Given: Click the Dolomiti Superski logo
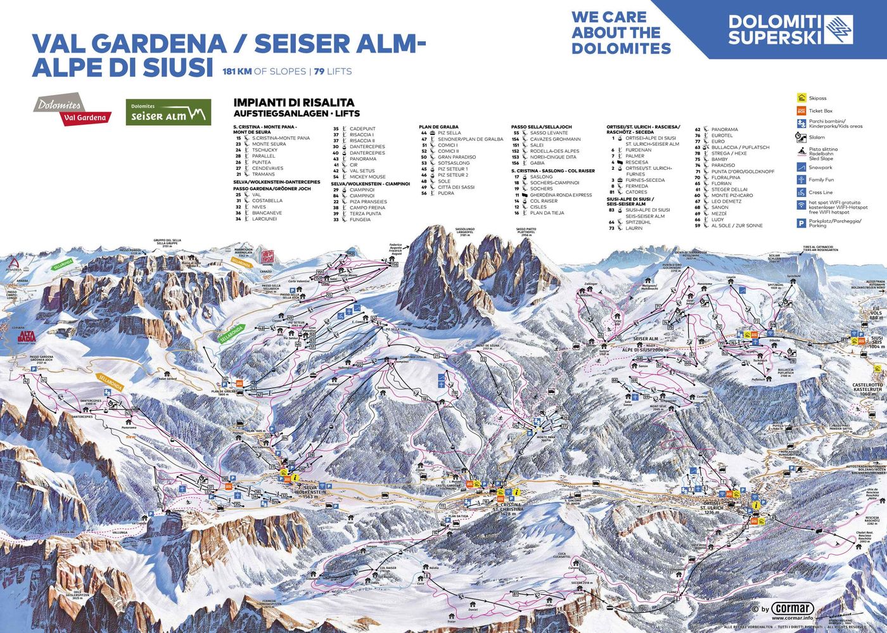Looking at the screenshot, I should tap(790, 29).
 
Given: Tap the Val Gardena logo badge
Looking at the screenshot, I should tap(72, 111).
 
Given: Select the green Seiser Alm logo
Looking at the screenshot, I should tap(168, 112).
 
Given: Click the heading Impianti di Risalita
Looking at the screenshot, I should tap(294, 103).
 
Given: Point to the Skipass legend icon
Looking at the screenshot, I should tap(801, 98).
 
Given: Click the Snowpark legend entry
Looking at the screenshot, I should tap(820, 168).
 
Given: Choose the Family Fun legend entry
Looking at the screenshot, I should tap(821, 180).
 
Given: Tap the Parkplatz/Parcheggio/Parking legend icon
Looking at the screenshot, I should tap(801, 223).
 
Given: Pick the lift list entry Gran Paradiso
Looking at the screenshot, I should tap(456, 157).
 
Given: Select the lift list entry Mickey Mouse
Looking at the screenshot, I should tap(367, 177).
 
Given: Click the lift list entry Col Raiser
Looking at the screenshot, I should tap(544, 201).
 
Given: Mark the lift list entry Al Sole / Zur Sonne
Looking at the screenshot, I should tap(736, 226).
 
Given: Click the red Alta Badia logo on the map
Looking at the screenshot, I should tap(26, 337).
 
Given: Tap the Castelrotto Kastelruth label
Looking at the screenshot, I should tap(867, 388).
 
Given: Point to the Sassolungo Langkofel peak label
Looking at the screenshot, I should tap(464, 232).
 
